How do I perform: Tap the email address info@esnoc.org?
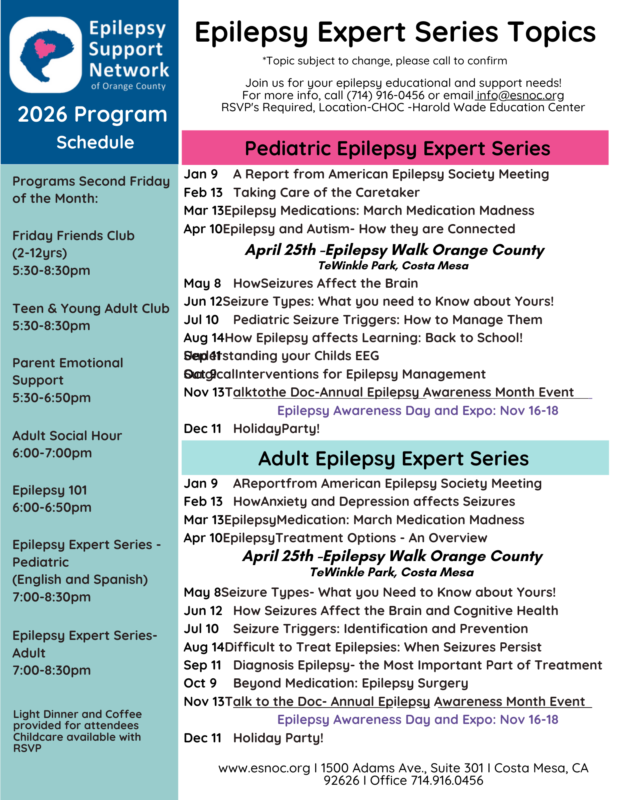coord(520,95)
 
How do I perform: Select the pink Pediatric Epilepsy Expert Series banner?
coord(395,148)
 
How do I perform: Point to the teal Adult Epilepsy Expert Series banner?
coord(395,458)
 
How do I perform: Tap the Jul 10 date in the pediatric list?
coord(201,320)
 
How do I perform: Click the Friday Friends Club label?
coord(73,236)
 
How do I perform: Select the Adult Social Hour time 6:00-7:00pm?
coord(52,453)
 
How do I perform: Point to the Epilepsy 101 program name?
coord(50,490)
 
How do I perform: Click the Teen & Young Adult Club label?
coord(91,309)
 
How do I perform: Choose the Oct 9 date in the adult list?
coord(200,683)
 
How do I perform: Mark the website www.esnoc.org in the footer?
coord(264,768)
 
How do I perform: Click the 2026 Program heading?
coord(92,114)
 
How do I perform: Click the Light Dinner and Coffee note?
coord(77,714)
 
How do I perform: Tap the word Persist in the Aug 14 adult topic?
coord(520,647)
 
